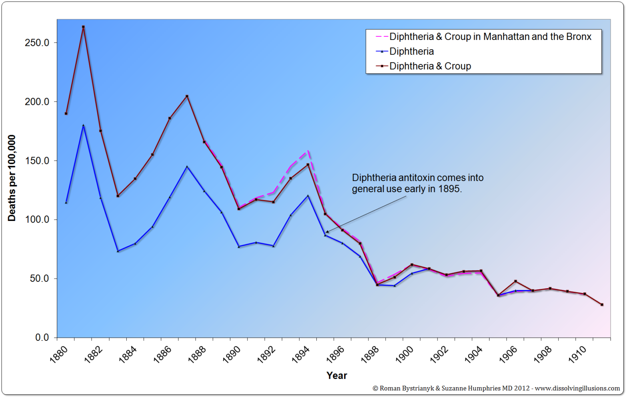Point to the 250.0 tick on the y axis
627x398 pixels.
coord(37,43)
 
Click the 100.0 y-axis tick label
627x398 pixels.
coord(37,220)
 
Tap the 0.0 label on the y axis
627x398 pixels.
coord(42,338)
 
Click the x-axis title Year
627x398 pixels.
coord(337,376)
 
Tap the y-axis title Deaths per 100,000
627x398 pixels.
coord(12,178)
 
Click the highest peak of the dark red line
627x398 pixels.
coord(83,27)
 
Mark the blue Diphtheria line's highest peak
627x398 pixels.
coord(83,125)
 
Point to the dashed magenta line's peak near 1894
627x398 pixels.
coord(308,151)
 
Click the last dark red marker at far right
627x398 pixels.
coord(602,304)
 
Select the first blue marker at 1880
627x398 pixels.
coord(66,203)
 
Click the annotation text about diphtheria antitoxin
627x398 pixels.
coord(417,183)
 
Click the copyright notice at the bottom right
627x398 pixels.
coord(496,388)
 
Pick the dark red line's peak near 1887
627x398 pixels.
coord(187,96)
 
